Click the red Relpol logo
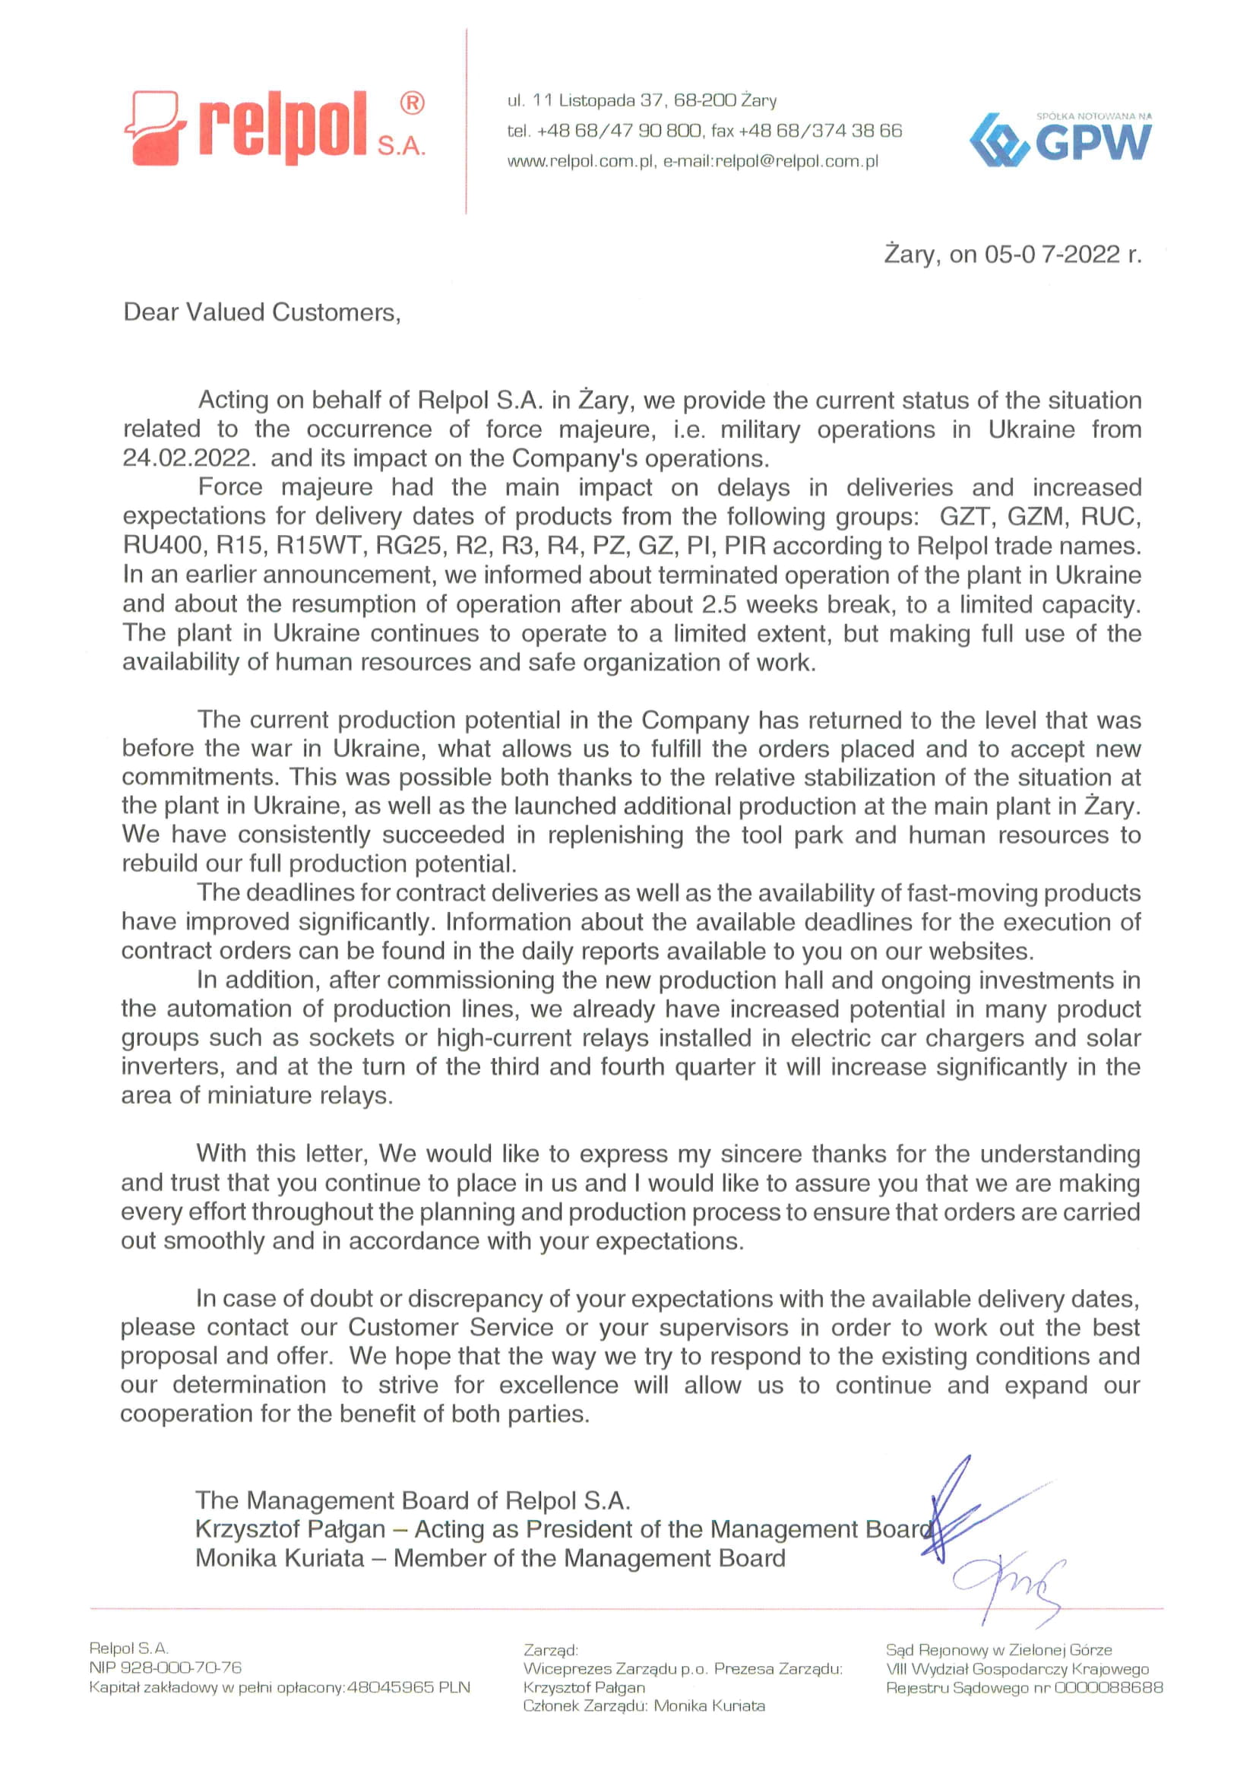click(x=270, y=128)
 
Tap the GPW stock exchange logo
click(x=1060, y=140)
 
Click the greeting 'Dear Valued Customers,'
click(x=261, y=312)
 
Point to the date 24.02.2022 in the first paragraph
click(x=187, y=458)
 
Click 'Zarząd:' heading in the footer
click(x=550, y=1649)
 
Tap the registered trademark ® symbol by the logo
click(x=412, y=103)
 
